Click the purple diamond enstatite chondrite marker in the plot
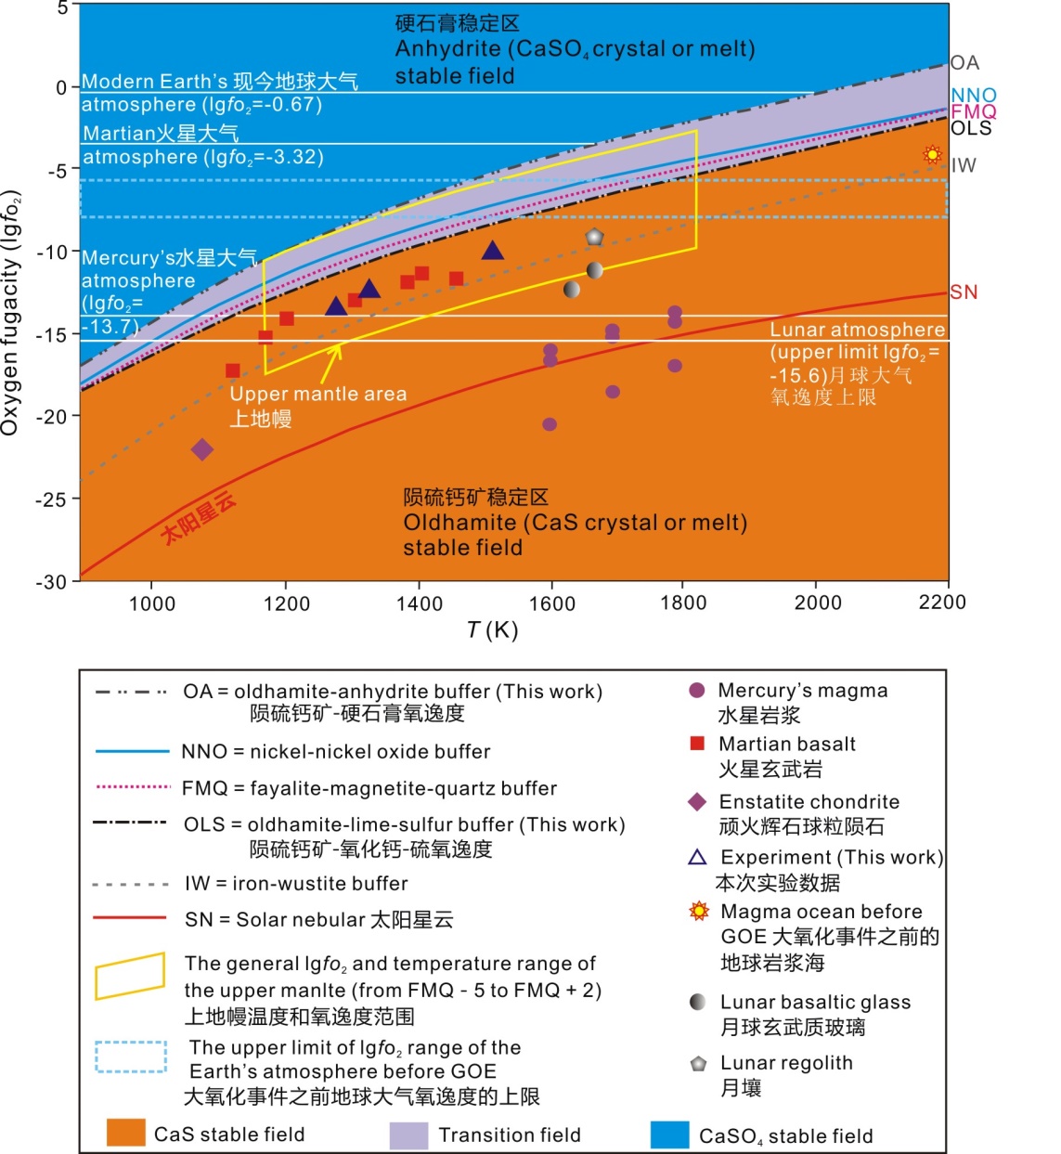(x=202, y=449)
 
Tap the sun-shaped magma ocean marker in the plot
(x=932, y=155)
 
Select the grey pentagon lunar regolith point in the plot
(x=594, y=238)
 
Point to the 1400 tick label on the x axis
(x=420, y=603)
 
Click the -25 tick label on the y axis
(x=51, y=499)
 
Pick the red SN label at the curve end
(x=964, y=292)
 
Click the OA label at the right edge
(x=964, y=63)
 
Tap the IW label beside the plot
(x=964, y=166)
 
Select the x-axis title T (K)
(x=492, y=630)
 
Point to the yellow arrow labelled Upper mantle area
(x=330, y=363)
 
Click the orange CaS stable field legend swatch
(x=126, y=1134)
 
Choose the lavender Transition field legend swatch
(x=408, y=1135)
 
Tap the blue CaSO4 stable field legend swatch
(x=669, y=1135)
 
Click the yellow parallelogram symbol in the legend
(x=130, y=977)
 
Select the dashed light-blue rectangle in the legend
(x=131, y=1057)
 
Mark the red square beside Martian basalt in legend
(x=697, y=744)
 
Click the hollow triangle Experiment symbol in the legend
(x=697, y=857)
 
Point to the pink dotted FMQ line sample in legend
(x=133, y=787)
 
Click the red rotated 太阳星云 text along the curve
(x=198, y=518)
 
